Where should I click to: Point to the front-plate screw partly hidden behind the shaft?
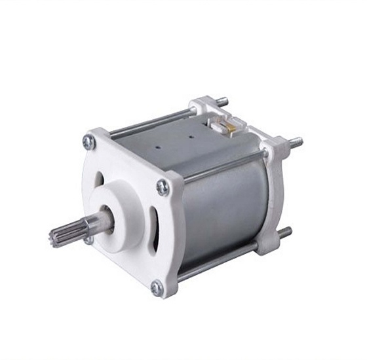pyautogui.click(x=89, y=240)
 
